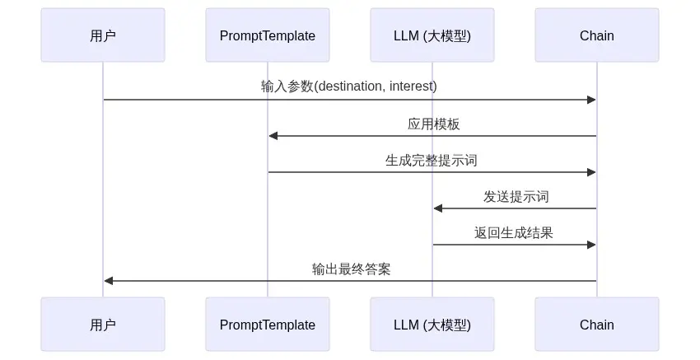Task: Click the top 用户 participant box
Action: pyautogui.click(x=103, y=35)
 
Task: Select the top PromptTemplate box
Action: pyautogui.click(x=268, y=35)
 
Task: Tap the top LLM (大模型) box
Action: pyautogui.click(x=432, y=35)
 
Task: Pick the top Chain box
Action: pyautogui.click(x=597, y=35)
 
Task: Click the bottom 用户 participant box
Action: pyautogui.click(x=103, y=325)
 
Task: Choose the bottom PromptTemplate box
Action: pyautogui.click(x=268, y=325)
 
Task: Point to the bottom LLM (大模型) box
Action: pyautogui.click(x=432, y=325)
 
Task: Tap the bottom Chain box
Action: pyautogui.click(x=597, y=325)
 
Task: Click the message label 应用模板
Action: pyautogui.click(x=433, y=124)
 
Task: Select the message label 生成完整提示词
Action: pyautogui.click(x=432, y=160)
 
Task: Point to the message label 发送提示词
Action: pyautogui.click(x=516, y=196)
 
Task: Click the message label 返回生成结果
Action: pyautogui.click(x=513, y=232)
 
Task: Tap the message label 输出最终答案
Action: pyautogui.click(x=352, y=269)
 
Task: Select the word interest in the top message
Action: pyautogui.click(x=411, y=86)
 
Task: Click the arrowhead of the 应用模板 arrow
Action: pyautogui.click(x=273, y=136)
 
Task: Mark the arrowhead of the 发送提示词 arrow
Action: pyautogui.click(x=438, y=208)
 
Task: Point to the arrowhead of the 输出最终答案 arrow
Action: pyautogui.click(x=109, y=280)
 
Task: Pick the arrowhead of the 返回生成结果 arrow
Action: pyautogui.click(x=591, y=245)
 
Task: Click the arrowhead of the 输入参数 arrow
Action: pyautogui.click(x=591, y=100)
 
